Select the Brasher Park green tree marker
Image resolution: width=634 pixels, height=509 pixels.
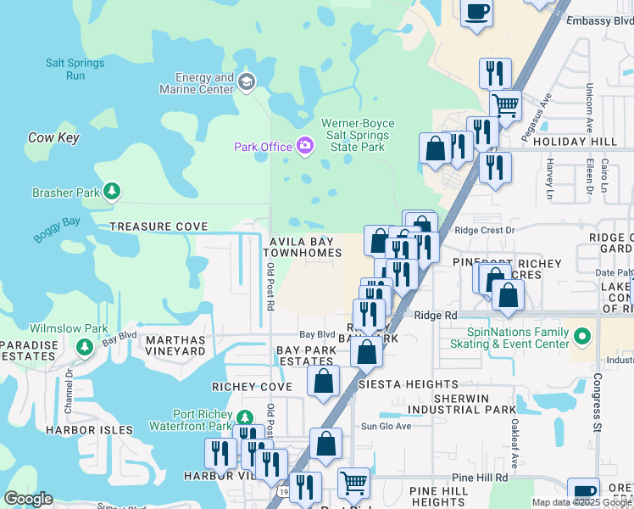click(111, 193)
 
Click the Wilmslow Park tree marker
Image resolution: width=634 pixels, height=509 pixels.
click(84, 346)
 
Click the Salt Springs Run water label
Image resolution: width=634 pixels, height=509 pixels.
click(75, 70)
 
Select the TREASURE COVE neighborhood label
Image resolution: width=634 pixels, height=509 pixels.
click(158, 227)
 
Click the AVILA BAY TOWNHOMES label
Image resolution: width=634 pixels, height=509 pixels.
click(305, 247)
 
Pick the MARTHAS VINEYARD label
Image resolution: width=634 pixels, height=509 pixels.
click(175, 344)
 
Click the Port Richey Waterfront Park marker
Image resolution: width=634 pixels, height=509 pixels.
click(244, 417)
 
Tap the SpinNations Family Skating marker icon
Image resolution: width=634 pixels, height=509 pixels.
click(581, 337)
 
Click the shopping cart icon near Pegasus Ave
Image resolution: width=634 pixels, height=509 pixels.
click(505, 106)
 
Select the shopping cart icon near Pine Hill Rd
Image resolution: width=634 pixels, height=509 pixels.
click(354, 484)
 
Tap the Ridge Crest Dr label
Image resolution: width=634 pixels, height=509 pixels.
click(485, 230)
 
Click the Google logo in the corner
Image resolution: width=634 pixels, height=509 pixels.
click(27, 499)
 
